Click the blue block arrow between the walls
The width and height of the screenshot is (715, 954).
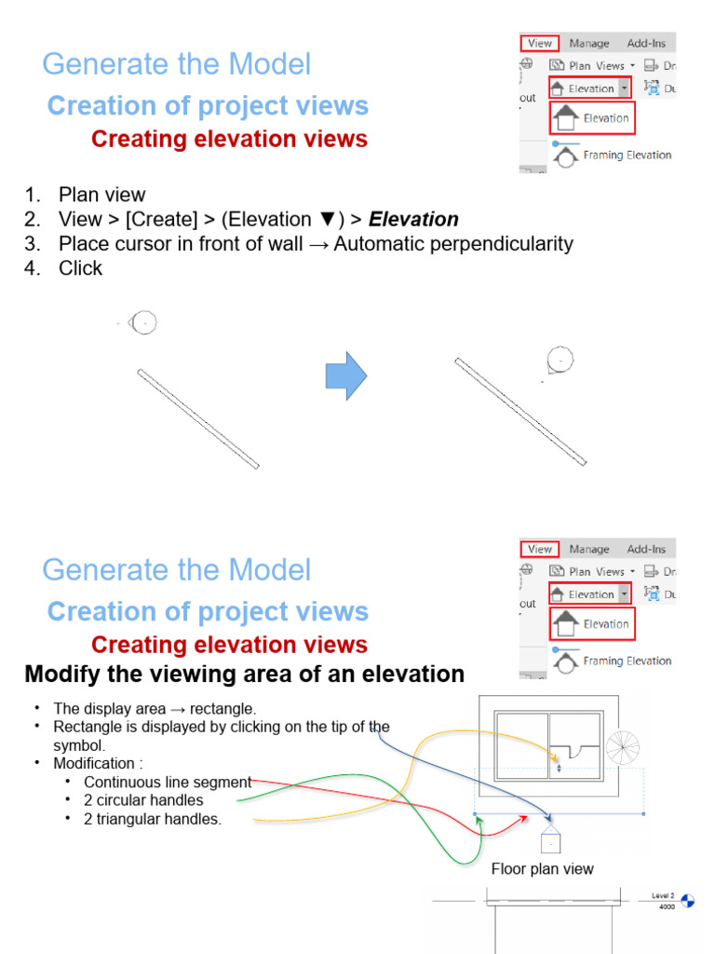pyautogui.click(x=345, y=375)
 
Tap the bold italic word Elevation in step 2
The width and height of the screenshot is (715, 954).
pyautogui.click(x=413, y=220)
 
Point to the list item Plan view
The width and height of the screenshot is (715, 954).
pyautogui.click(x=101, y=195)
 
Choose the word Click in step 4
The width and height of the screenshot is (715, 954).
pyautogui.click(x=80, y=268)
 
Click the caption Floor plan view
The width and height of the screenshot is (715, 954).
pyautogui.click(x=542, y=869)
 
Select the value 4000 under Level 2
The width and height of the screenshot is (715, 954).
pyautogui.click(x=667, y=906)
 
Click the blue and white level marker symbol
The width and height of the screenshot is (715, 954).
pyautogui.click(x=688, y=900)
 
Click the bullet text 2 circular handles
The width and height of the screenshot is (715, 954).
pyautogui.click(x=143, y=800)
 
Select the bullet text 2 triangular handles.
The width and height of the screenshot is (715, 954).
pyautogui.click(x=153, y=819)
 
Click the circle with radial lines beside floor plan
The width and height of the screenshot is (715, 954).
pyautogui.click(x=621, y=747)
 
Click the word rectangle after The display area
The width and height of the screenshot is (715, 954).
pyautogui.click(x=223, y=709)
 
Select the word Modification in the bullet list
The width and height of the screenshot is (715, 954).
pyautogui.click(x=95, y=764)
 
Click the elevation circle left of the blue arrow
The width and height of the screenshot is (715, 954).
pyautogui.click(x=144, y=322)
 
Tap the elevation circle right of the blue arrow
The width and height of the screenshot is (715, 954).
pyautogui.click(x=560, y=359)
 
